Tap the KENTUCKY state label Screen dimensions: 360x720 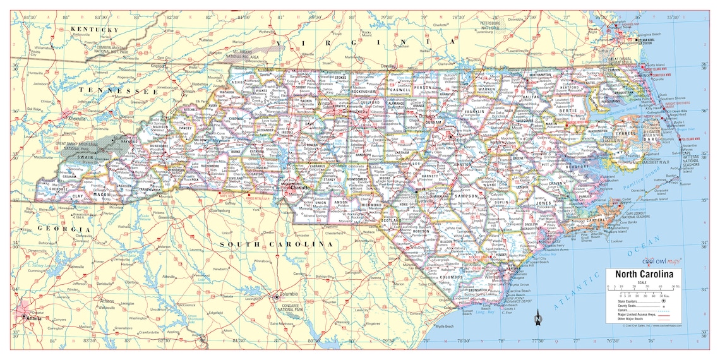pyautogui.click(x=95, y=30)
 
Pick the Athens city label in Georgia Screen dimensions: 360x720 pyautogui.click(x=107, y=301)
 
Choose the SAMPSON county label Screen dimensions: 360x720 pyautogui.click(x=466, y=196)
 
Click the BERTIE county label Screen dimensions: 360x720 pyautogui.click(x=568, y=111)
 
